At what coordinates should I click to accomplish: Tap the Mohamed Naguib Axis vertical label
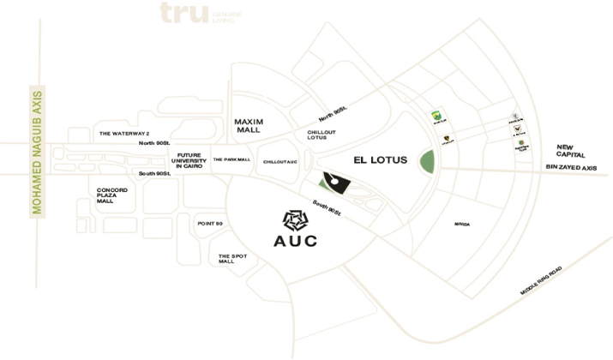click(37, 152)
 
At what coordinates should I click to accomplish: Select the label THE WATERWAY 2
click(124, 134)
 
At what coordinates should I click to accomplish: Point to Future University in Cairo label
click(189, 161)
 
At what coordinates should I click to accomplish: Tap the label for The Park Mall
click(231, 159)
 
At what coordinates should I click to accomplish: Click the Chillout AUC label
click(280, 161)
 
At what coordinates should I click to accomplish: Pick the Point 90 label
click(210, 223)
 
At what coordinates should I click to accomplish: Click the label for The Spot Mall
click(226, 259)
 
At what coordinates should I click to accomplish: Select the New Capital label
click(570, 150)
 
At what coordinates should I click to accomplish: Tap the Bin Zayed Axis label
click(570, 168)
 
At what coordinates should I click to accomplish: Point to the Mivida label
click(462, 225)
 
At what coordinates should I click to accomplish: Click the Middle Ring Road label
click(541, 281)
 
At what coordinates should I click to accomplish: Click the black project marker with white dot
click(333, 182)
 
